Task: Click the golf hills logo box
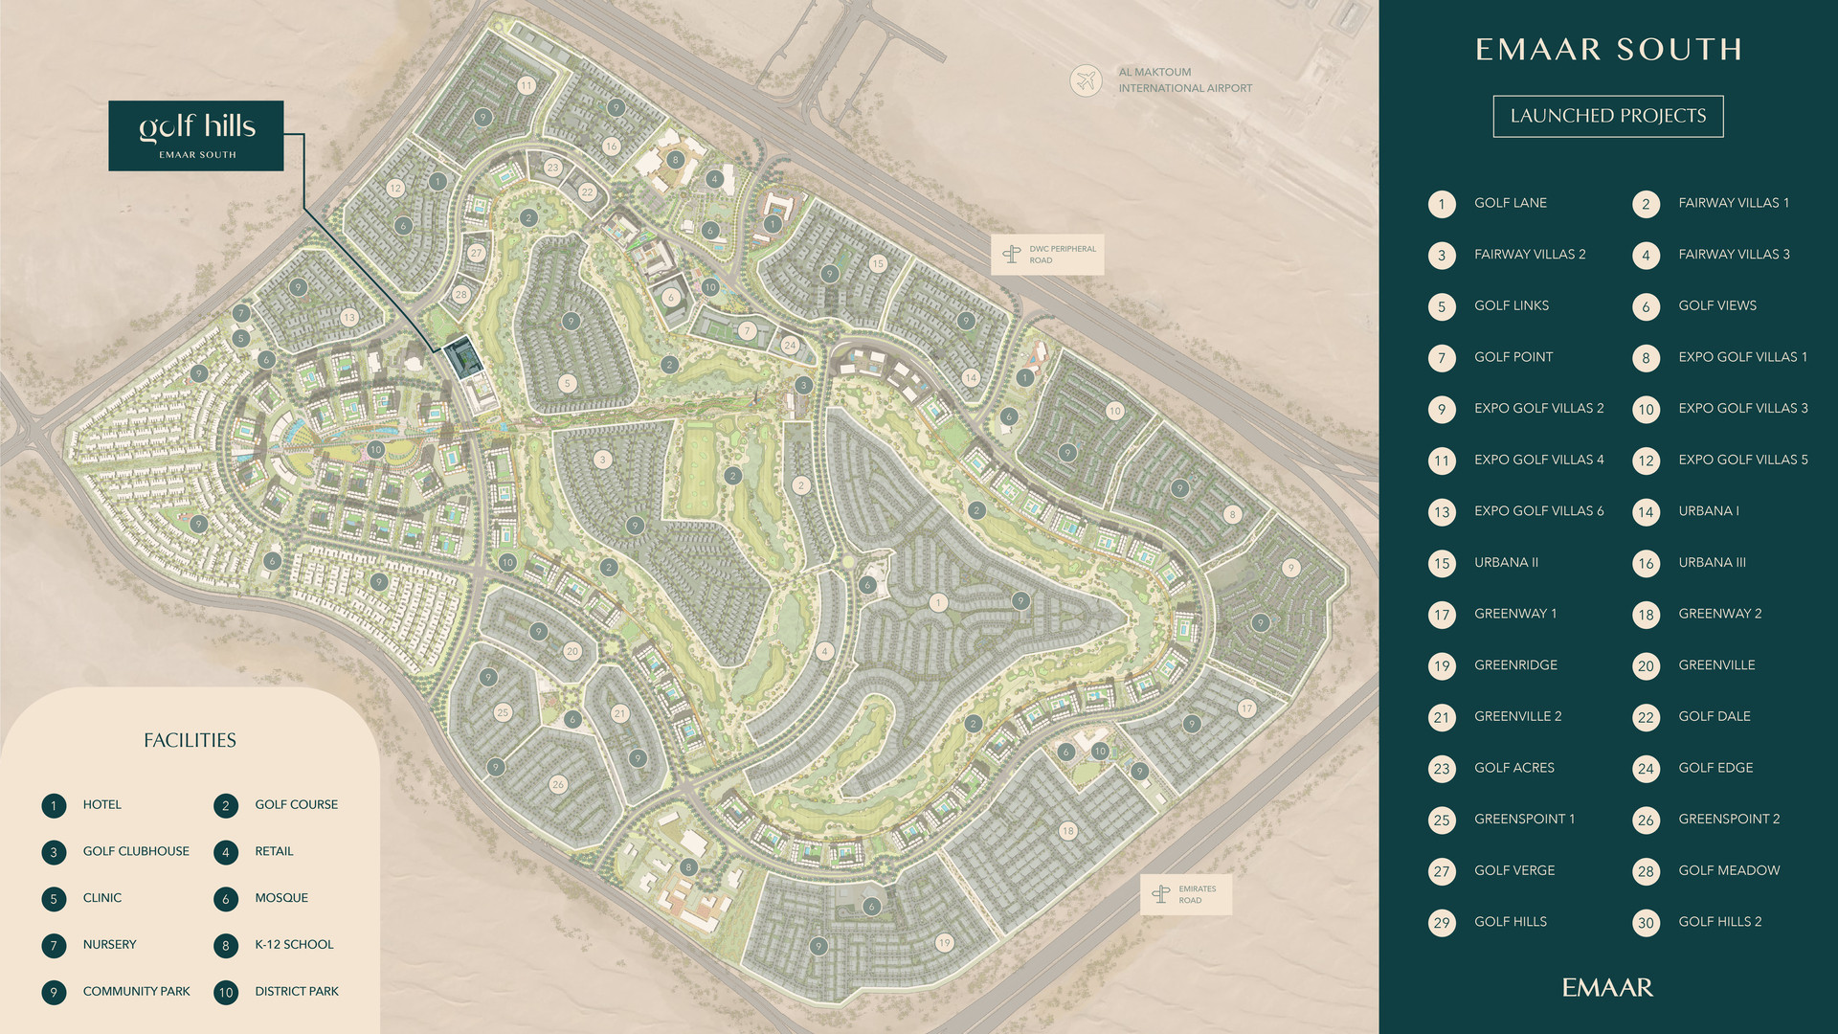(196, 136)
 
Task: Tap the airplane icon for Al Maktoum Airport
(1086, 80)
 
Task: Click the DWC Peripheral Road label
(1047, 255)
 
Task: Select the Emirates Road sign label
(1186, 894)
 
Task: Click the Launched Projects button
(1608, 116)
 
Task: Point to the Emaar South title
(1608, 50)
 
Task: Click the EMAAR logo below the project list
(1608, 987)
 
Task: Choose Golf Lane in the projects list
(1511, 203)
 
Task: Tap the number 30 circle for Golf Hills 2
(1646, 923)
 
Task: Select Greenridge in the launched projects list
(1515, 665)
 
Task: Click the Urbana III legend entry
(1712, 563)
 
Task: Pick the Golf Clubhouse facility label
(136, 851)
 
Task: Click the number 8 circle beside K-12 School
(226, 945)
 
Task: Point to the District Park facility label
(297, 992)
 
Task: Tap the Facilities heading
(190, 740)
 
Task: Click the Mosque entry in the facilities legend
(281, 898)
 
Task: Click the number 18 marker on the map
(1067, 831)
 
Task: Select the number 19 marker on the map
(945, 943)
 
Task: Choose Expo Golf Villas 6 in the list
(1538, 511)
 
